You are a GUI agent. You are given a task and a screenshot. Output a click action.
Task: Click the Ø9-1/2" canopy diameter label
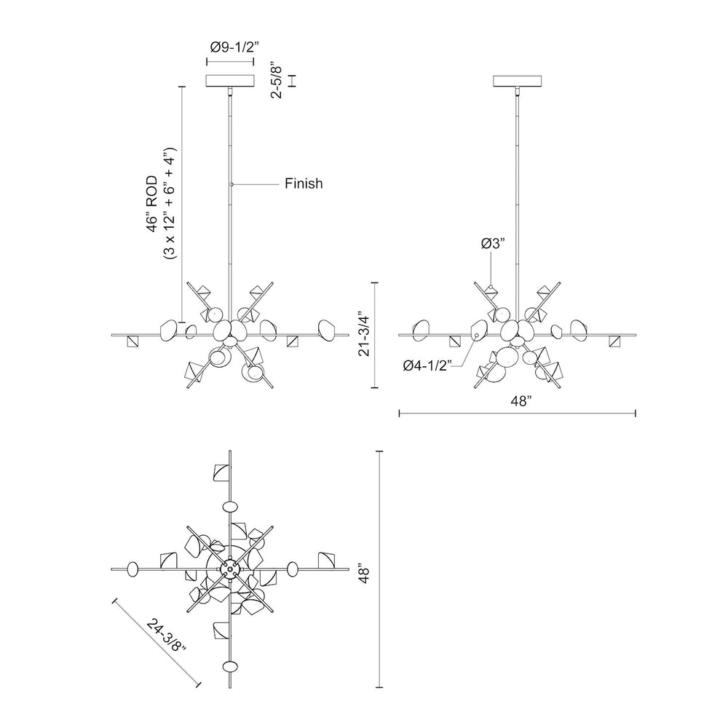point(231,47)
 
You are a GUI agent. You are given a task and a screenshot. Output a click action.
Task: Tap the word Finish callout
point(303,184)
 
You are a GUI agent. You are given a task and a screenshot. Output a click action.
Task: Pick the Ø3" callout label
point(493,245)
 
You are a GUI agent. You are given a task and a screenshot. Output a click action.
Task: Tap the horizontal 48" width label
point(517,400)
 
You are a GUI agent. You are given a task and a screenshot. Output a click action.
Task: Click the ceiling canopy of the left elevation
point(231,80)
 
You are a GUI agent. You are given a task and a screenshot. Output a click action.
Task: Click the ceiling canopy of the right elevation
point(518,80)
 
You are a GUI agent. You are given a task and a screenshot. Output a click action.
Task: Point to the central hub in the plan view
point(231,568)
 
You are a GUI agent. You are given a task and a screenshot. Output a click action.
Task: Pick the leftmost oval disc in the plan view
point(133,569)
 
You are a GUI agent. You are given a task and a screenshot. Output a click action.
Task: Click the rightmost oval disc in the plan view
point(293,568)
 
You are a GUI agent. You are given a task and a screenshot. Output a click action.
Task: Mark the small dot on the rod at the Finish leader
point(231,183)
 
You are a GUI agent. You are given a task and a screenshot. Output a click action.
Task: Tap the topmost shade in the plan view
point(220,474)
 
